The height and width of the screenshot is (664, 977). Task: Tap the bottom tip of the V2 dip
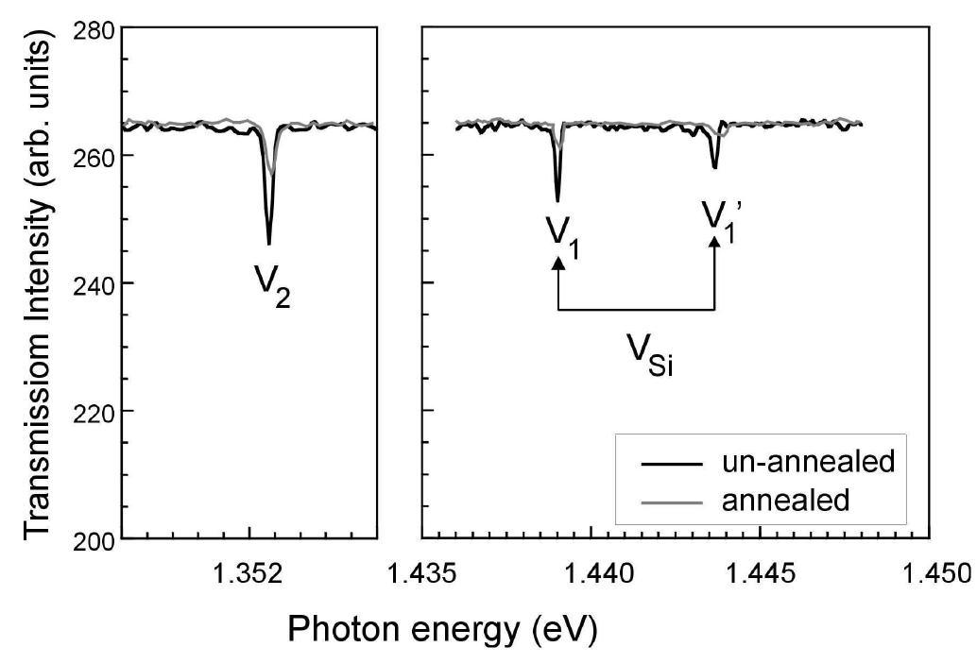[269, 244]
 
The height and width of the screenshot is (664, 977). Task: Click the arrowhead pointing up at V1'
[714, 243]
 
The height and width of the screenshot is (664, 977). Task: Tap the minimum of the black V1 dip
[557, 200]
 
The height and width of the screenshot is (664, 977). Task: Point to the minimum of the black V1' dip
[715, 168]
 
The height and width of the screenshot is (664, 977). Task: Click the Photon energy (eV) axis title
[441, 627]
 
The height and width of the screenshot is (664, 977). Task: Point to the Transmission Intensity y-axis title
[38, 283]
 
